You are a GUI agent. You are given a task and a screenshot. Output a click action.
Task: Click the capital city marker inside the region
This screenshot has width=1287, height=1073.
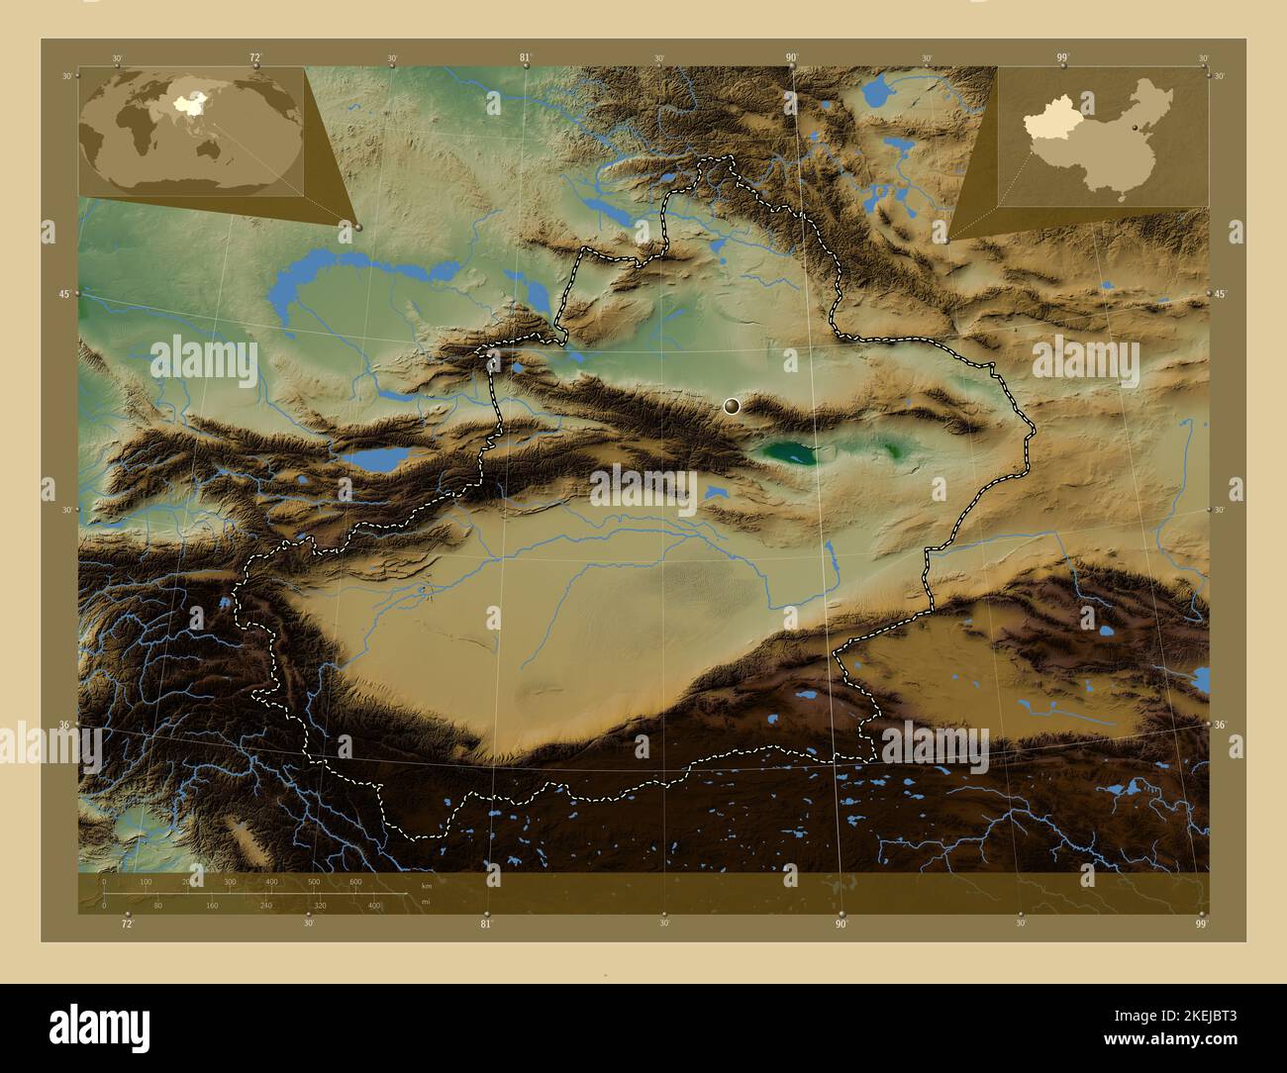(x=732, y=406)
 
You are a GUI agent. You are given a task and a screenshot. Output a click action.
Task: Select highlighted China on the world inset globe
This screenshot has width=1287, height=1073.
(x=183, y=102)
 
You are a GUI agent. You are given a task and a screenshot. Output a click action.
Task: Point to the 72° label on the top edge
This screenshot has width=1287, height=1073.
(x=255, y=58)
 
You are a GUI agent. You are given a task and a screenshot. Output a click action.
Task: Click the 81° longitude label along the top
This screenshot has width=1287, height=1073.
(x=526, y=58)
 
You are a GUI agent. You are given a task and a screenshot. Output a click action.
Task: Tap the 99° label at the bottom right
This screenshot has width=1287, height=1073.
(x=1201, y=924)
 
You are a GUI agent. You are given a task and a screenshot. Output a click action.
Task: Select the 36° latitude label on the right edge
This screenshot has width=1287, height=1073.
(x=1219, y=726)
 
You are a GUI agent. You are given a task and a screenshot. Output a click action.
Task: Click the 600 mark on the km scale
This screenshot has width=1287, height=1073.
(x=355, y=881)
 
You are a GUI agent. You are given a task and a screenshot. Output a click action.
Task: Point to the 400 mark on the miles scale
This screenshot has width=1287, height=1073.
(x=374, y=905)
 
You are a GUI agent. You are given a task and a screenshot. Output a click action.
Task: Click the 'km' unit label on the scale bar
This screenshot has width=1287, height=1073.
(x=427, y=886)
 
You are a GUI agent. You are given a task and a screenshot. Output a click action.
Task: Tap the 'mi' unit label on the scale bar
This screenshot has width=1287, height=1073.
(x=426, y=902)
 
